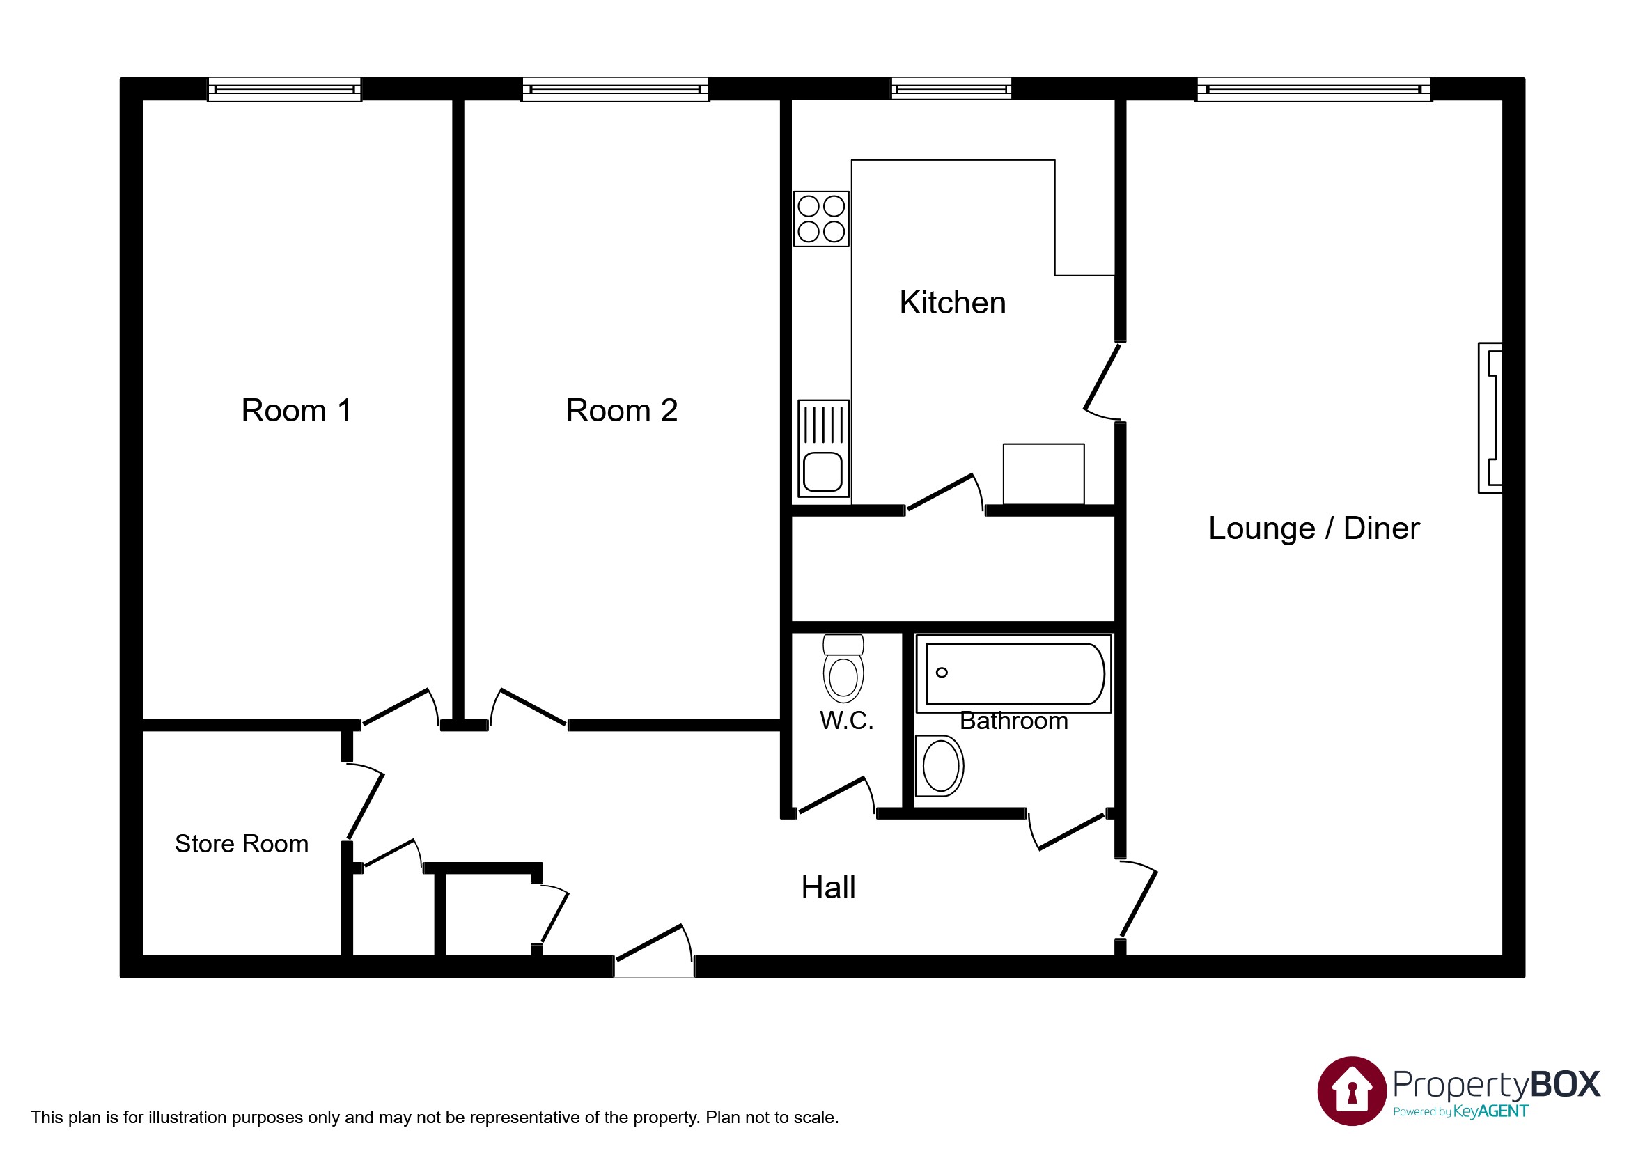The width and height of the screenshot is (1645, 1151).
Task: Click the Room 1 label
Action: [296, 411]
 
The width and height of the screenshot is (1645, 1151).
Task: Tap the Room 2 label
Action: [621, 411]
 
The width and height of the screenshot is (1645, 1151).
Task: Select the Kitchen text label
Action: [952, 303]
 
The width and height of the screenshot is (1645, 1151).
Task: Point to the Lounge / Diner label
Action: [1313, 528]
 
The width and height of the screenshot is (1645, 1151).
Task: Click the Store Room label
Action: [242, 844]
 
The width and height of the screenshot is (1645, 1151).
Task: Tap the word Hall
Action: [828, 888]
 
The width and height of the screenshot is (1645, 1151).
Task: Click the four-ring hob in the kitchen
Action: [821, 219]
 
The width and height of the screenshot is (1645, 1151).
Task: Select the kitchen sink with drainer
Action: [823, 449]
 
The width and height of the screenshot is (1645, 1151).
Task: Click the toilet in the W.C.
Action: [843, 670]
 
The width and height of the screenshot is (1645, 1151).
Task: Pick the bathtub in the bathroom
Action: [1014, 674]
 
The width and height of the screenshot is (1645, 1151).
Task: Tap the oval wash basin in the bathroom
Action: [941, 766]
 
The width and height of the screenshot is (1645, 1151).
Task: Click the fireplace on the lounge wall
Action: [1490, 418]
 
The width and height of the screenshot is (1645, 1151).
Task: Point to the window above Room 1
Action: [284, 90]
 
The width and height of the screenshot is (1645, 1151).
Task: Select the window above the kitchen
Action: [951, 90]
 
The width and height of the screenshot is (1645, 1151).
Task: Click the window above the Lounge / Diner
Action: [1313, 90]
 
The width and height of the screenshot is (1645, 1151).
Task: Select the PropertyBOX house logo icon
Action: [1351, 1091]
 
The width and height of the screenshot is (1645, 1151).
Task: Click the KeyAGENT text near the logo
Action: [1490, 1111]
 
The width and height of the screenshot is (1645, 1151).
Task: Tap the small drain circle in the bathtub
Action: [942, 673]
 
